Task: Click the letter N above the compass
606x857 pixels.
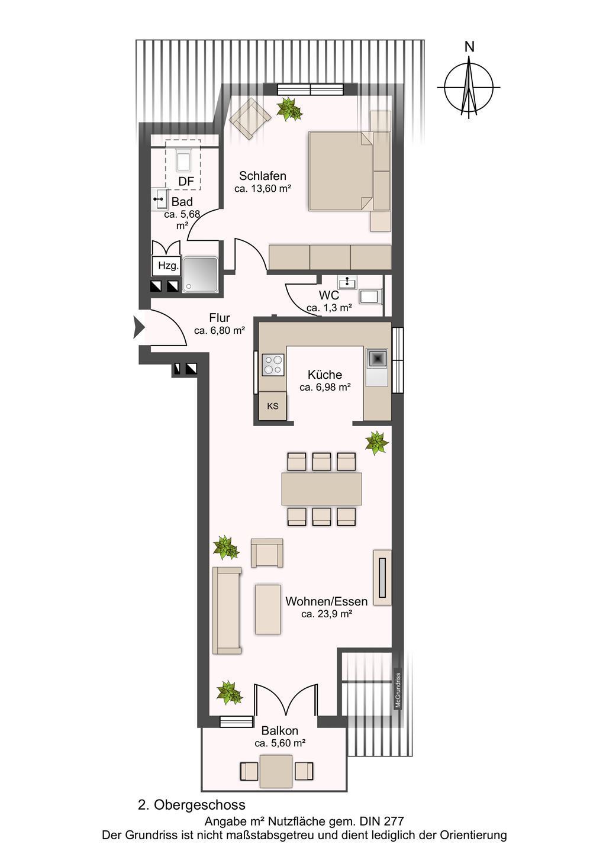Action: tap(469, 47)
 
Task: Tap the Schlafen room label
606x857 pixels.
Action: tap(262, 176)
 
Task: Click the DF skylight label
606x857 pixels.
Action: tap(186, 181)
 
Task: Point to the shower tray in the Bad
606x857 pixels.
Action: tap(201, 275)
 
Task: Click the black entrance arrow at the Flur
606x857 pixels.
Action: tap(138, 327)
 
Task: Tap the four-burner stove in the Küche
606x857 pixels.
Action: tap(273, 365)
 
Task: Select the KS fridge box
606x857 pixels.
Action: tap(273, 406)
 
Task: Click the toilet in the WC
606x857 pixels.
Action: tap(370, 297)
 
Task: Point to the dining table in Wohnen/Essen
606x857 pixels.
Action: tap(321, 489)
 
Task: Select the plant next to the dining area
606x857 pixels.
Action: tap(377, 443)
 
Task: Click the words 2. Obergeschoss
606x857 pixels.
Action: tap(191, 805)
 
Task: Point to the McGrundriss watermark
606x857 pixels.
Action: tap(398, 690)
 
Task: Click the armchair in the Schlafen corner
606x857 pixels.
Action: tap(250, 118)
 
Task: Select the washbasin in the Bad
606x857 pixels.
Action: tap(159, 199)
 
